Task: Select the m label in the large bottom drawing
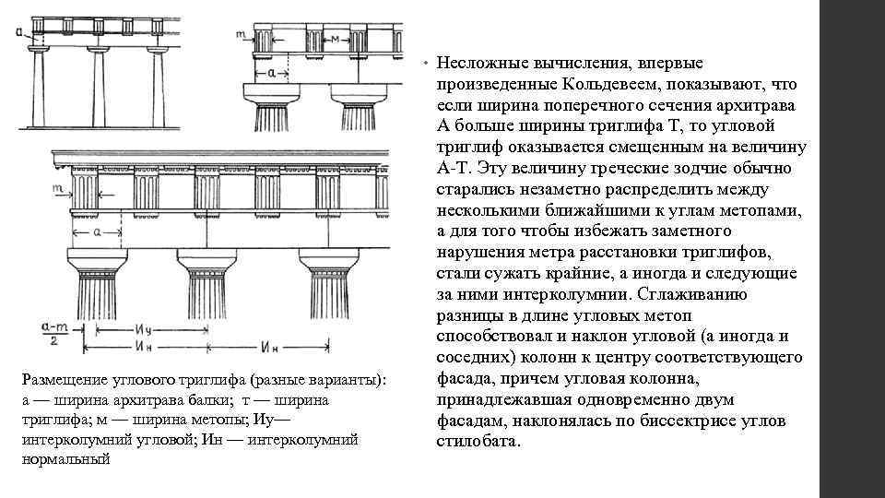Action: tap(57, 187)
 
